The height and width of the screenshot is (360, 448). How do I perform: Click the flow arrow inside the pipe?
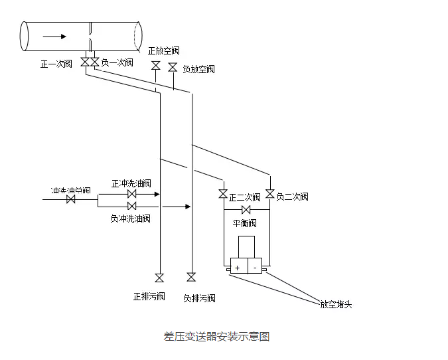coord(54,36)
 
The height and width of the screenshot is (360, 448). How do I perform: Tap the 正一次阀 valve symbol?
coord(86,62)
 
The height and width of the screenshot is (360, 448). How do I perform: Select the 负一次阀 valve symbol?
coord(95,62)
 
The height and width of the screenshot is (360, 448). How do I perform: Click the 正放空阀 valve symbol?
coord(156,66)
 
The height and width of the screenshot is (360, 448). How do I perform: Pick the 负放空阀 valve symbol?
coord(173,68)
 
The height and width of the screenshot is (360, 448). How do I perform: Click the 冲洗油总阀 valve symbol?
coord(71,199)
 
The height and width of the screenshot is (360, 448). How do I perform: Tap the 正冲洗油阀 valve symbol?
coord(131,195)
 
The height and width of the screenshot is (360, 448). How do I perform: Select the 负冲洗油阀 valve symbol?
coord(131,207)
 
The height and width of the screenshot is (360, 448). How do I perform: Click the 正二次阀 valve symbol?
coord(223,195)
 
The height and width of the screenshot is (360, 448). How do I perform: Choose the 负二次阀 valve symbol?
coord(269,194)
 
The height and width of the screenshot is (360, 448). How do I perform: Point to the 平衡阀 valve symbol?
coord(246,211)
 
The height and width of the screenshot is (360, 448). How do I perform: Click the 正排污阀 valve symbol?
coord(159,278)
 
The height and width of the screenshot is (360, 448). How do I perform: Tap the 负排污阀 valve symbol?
coord(191,277)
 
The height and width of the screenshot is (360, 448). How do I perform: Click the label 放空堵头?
coord(336,305)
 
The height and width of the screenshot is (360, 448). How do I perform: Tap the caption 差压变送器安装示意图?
coord(216,336)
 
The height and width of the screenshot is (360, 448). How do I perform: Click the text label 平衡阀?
coord(244,223)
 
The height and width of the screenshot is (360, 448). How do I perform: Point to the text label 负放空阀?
coord(198,69)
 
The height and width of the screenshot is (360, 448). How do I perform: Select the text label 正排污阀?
coord(149,296)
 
